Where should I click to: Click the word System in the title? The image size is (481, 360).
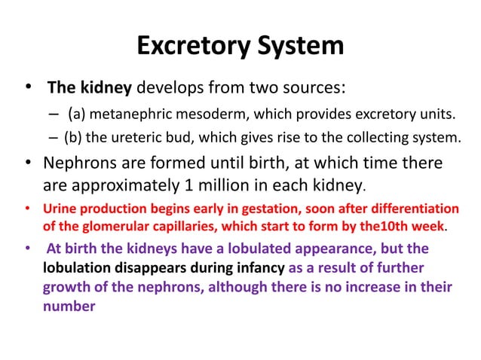coord(300,46)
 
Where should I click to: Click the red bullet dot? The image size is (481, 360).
coord(28,208)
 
